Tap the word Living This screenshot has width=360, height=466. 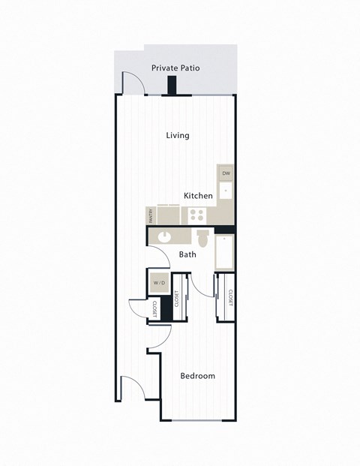(178, 136)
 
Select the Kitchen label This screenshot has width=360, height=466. (199, 195)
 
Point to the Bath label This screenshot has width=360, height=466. (187, 254)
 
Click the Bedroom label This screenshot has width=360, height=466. (198, 375)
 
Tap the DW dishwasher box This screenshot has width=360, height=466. (226, 173)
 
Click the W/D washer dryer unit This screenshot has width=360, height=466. (159, 284)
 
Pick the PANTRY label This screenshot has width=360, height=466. (151, 216)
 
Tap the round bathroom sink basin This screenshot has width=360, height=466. (163, 237)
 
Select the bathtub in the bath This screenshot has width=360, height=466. (225, 252)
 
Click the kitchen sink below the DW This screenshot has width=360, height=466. (226, 192)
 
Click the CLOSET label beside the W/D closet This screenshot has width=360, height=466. (177, 299)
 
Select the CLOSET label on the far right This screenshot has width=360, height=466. (230, 298)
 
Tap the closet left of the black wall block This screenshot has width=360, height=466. (154, 309)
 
